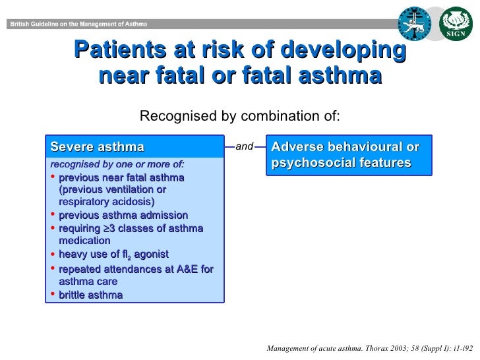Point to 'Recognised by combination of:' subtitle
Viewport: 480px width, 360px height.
click(x=240, y=117)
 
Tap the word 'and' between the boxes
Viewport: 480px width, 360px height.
click(x=244, y=146)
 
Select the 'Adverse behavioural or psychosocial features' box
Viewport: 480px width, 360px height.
click(x=349, y=154)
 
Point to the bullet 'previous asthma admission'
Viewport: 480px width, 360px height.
click(x=123, y=216)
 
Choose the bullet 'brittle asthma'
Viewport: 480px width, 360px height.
click(x=90, y=295)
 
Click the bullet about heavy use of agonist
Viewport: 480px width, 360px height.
click(x=113, y=255)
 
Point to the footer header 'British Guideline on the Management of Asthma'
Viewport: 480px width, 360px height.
click(x=77, y=24)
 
